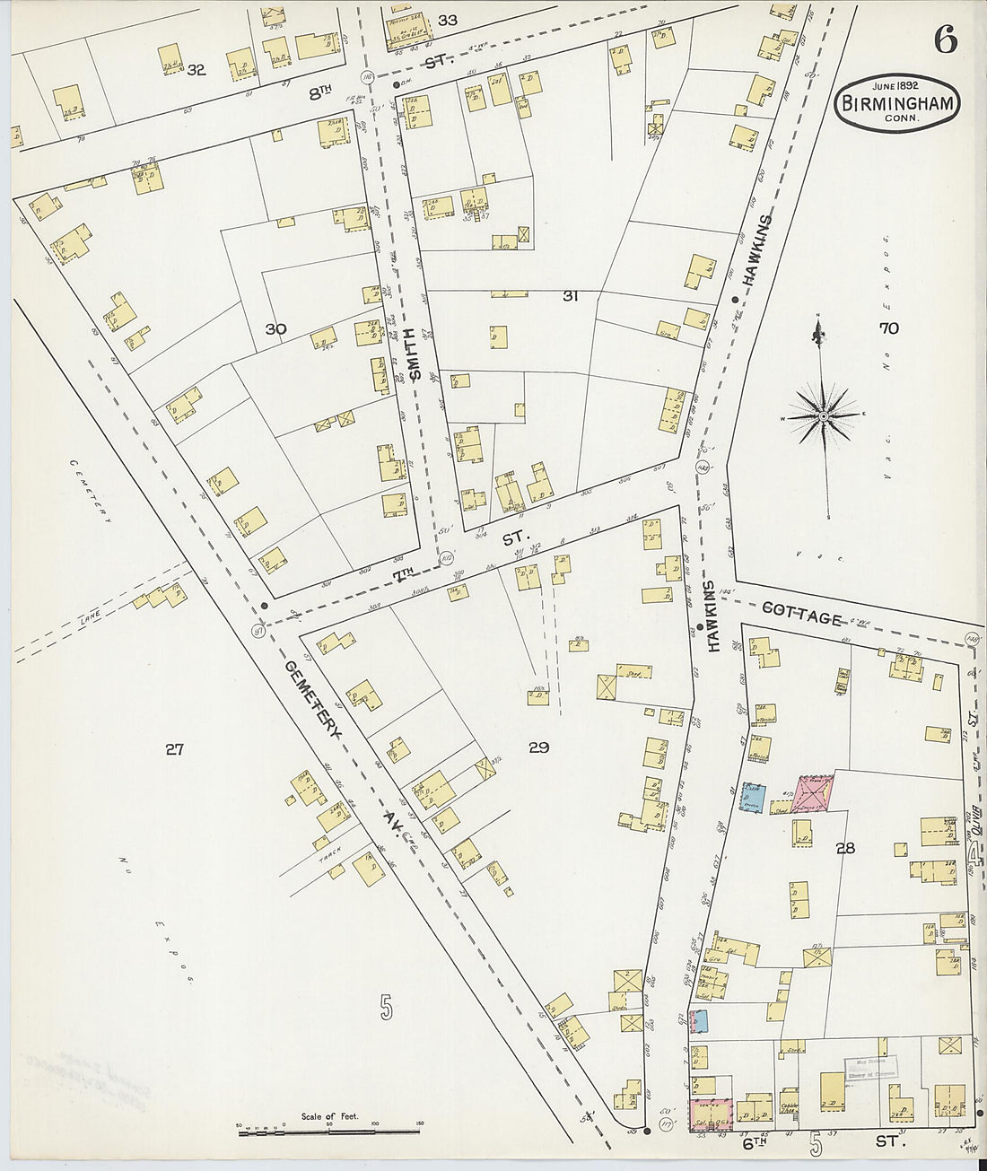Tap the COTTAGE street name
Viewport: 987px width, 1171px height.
click(801, 616)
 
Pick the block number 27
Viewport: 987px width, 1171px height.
click(174, 748)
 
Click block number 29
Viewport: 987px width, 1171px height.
click(538, 747)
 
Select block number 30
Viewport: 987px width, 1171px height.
click(275, 329)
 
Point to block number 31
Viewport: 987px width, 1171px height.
click(569, 296)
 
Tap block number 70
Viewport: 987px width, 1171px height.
click(888, 329)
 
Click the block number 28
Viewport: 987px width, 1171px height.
click(844, 847)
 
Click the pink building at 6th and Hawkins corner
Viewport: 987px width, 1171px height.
click(710, 1114)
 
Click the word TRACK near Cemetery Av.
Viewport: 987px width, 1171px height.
click(334, 856)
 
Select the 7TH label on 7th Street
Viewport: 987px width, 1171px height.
click(404, 572)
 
